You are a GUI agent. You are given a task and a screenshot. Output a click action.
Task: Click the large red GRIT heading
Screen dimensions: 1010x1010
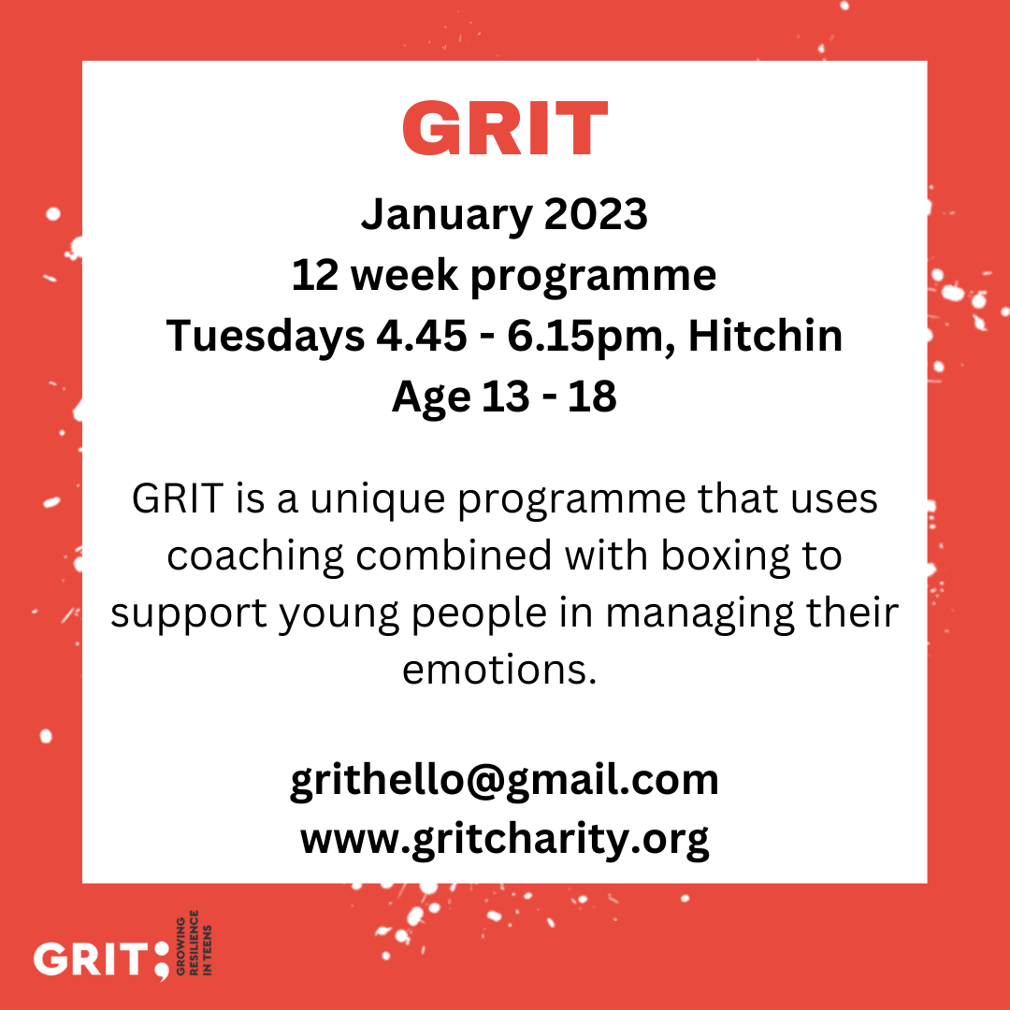tap(505, 127)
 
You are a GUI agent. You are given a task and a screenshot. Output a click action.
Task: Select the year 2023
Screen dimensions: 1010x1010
tap(596, 214)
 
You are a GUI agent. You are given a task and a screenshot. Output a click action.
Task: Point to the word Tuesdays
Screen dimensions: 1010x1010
tap(266, 338)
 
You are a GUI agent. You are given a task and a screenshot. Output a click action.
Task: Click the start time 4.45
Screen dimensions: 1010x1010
tap(422, 337)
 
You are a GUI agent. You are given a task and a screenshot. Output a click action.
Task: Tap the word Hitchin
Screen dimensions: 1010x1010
tap(765, 336)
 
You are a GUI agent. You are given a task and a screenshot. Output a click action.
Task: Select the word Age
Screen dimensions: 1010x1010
tap(431, 398)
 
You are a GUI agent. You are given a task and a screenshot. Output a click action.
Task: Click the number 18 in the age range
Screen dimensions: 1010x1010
tap(592, 397)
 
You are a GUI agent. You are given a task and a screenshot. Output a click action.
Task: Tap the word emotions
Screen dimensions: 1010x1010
tap(499, 671)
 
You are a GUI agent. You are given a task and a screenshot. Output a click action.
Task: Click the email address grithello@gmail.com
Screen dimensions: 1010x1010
tap(504, 781)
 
